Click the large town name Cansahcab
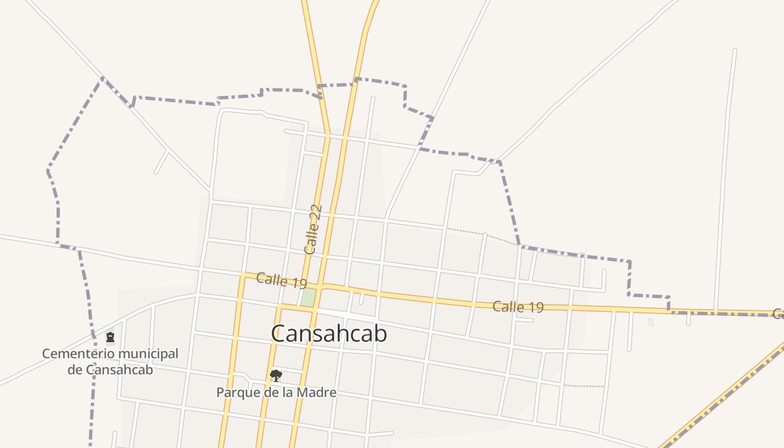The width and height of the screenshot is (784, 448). click(329, 334)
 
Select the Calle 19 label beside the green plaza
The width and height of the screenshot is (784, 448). click(281, 280)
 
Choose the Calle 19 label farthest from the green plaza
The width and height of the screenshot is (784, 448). click(518, 307)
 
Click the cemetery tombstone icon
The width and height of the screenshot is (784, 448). click(110, 337)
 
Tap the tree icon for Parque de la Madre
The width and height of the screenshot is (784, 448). click(276, 375)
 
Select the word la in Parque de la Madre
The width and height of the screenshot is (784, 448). click(288, 393)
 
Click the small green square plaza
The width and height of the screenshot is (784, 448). click(307, 297)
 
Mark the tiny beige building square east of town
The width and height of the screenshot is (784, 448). click(650, 322)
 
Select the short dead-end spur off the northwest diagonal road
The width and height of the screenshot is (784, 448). click(161, 162)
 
